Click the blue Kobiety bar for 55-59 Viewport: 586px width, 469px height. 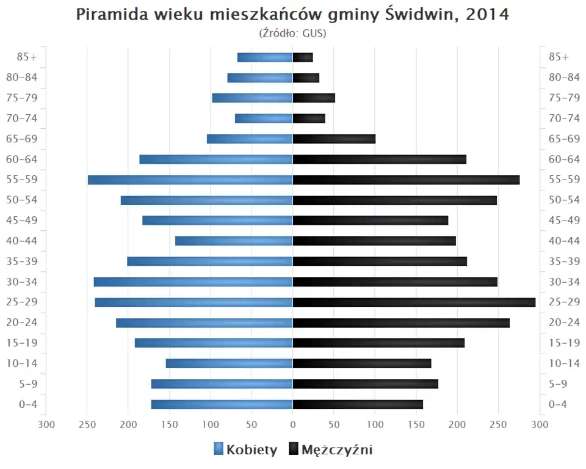pyautogui.click(x=190, y=180)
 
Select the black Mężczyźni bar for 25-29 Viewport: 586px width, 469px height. pyautogui.click(x=414, y=302)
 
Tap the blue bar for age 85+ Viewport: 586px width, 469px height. pyautogui.click(x=265, y=57)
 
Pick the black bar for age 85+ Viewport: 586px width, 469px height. pyautogui.click(x=303, y=57)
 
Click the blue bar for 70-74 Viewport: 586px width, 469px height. pyautogui.click(x=264, y=118)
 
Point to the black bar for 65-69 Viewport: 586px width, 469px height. pyautogui.click(x=334, y=139)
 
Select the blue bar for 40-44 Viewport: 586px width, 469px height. pyautogui.click(x=234, y=241)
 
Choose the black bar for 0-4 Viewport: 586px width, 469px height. pyautogui.click(x=358, y=404)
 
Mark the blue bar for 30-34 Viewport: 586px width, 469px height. pyautogui.click(x=193, y=282)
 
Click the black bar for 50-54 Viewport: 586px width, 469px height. pyautogui.click(x=394, y=200)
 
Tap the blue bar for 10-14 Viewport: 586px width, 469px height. pyautogui.click(x=229, y=363)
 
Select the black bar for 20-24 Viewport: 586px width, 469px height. pyautogui.click(x=401, y=322)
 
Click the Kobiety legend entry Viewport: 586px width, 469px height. pyautogui.click(x=245, y=450)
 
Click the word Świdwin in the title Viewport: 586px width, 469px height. pyautogui.click(x=420, y=15)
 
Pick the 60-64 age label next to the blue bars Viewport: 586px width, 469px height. pyautogui.click(x=23, y=159)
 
